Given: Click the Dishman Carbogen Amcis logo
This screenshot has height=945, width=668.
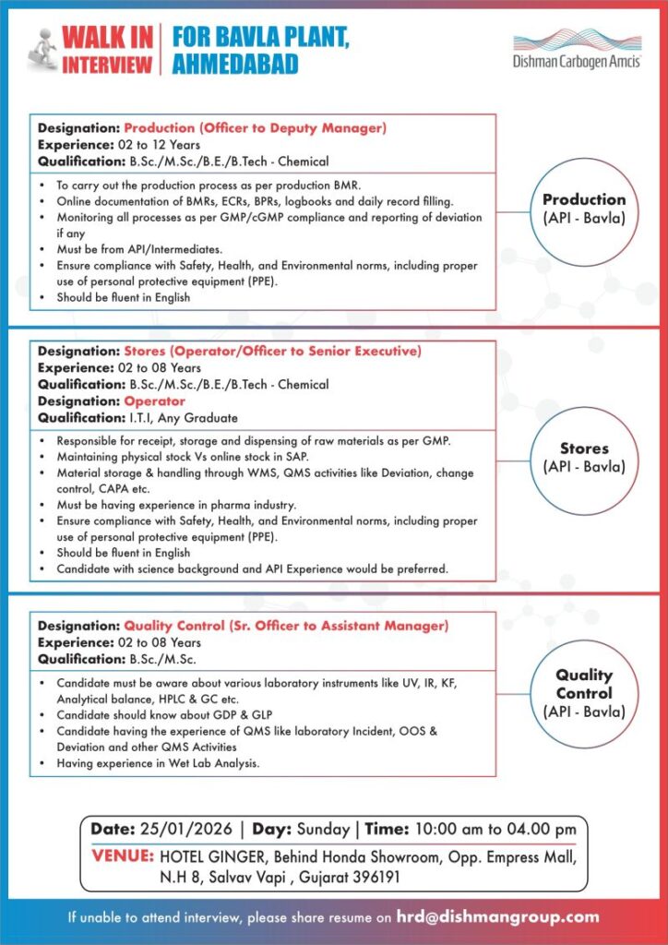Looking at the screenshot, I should pos(577,50).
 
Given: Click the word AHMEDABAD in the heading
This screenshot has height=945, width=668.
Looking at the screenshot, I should pos(235,64).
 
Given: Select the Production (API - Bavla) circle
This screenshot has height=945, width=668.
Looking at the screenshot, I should pos(583,208).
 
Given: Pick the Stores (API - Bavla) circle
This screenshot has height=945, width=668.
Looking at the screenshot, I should pos(583,457).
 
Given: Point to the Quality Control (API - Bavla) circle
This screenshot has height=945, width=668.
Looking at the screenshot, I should pos(583,693).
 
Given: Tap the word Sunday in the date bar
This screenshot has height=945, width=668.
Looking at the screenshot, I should pos(323,830).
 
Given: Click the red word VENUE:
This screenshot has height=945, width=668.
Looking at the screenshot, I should pos(124,855).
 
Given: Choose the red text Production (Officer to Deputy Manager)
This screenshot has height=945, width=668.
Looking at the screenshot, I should pos(255,128).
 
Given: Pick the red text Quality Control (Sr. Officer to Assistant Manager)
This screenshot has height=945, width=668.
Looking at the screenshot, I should pos(286,626).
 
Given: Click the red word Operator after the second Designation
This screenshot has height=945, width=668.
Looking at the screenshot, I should pos(154,401).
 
